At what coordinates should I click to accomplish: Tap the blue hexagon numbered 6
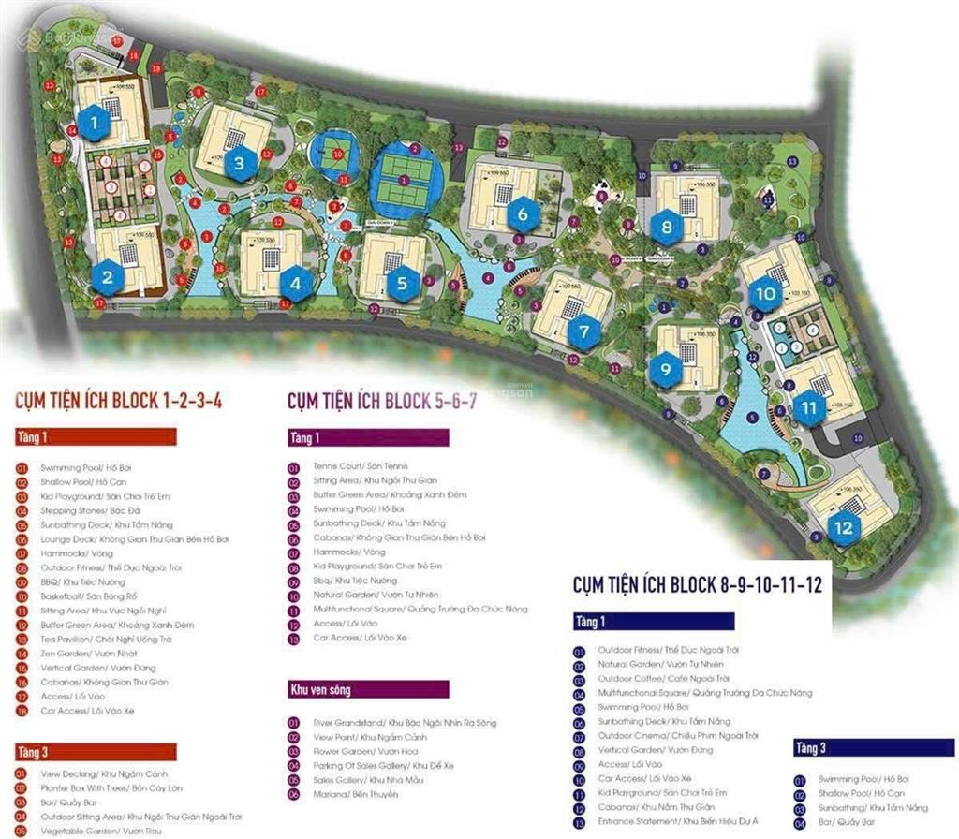click(523, 214)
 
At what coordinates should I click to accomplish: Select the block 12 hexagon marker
click(844, 527)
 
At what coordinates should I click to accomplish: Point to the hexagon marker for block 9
click(665, 369)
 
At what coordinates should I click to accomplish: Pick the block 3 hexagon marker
click(240, 164)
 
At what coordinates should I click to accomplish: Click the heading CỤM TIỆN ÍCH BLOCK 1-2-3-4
click(119, 402)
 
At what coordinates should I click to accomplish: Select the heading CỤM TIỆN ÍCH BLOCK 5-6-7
click(383, 402)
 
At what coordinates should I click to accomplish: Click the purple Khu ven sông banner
click(368, 690)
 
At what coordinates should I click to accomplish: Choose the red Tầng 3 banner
click(95, 752)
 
